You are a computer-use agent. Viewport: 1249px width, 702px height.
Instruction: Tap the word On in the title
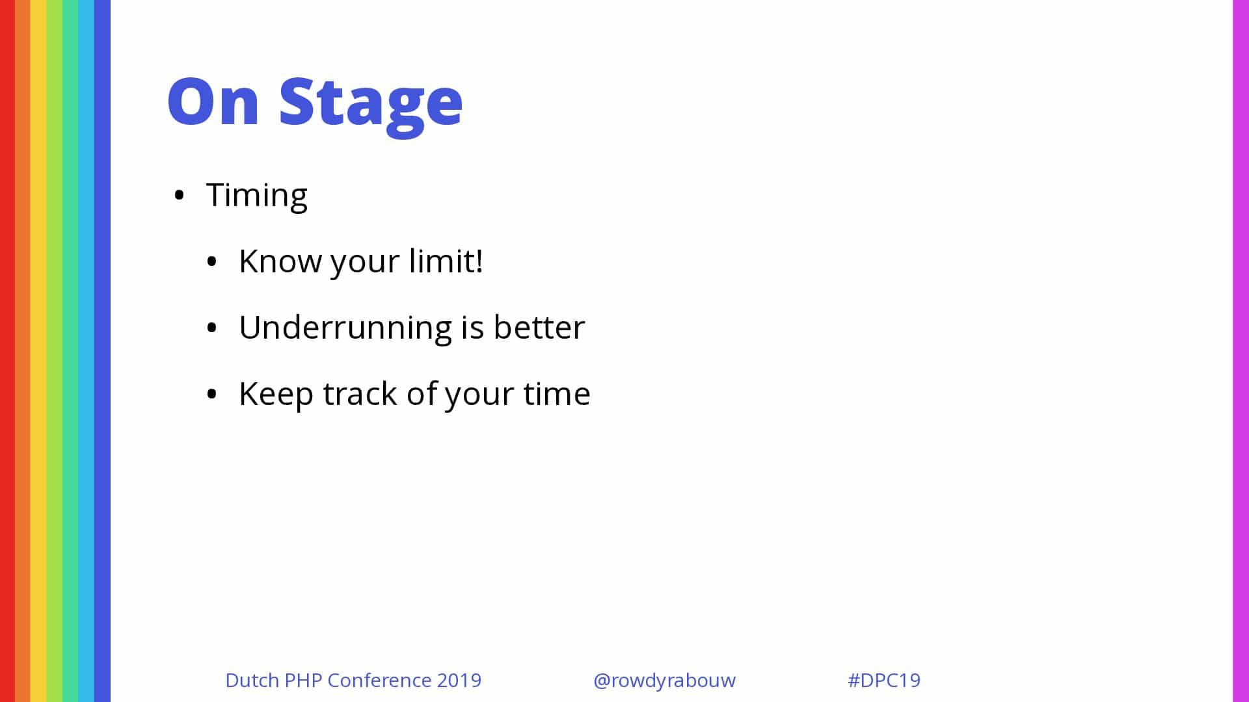click(213, 101)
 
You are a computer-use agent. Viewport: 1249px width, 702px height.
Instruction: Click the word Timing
click(256, 196)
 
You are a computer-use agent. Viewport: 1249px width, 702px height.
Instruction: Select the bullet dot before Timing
click(180, 196)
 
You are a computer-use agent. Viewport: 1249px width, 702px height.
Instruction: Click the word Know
click(280, 261)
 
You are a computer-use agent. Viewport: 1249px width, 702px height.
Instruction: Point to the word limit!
click(446, 261)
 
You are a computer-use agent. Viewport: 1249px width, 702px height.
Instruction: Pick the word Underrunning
click(345, 328)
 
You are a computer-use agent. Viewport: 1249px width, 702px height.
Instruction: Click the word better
click(539, 327)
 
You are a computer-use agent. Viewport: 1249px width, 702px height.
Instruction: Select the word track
click(360, 394)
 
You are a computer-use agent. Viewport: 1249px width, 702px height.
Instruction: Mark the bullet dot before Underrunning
click(211, 328)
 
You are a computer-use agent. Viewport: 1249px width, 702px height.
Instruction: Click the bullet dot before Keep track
click(211, 395)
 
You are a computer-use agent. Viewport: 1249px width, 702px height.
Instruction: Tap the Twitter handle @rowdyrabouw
click(664, 681)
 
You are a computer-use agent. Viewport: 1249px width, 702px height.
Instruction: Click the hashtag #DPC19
click(884, 680)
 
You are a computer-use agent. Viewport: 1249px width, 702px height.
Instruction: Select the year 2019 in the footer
click(459, 680)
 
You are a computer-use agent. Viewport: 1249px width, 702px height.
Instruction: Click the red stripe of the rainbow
click(7, 351)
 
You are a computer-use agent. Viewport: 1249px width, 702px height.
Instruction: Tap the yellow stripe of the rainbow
click(38, 351)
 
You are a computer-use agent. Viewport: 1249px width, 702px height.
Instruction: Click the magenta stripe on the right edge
click(1241, 351)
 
